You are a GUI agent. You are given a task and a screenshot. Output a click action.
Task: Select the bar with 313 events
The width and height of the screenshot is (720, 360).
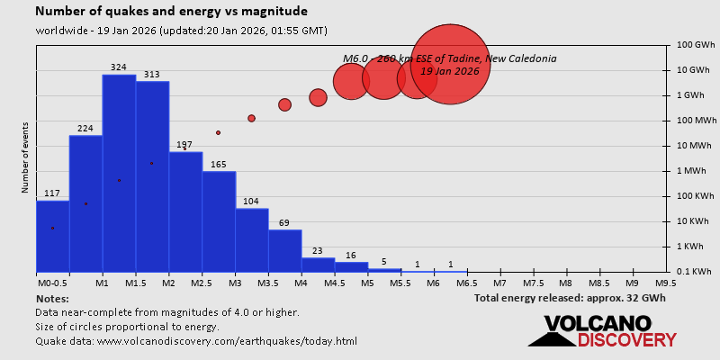click(x=152, y=176)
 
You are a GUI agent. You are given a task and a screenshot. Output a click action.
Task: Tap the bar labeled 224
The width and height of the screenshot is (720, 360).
click(x=85, y=203)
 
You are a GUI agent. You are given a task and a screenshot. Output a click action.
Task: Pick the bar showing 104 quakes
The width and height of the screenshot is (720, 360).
click(x=252, y=239)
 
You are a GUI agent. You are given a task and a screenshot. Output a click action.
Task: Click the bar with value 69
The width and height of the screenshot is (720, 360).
click(x=285, y=250)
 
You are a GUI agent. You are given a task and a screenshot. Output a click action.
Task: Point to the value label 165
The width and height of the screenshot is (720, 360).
click(x=219, y=165)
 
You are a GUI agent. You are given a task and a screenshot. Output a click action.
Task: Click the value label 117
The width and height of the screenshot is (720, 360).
click(x=52, y=193)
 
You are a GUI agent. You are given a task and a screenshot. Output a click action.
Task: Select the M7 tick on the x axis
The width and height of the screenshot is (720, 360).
click(x=499, y=283)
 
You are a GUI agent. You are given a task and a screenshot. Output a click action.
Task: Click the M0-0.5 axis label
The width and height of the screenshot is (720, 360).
click(x=52, y=283)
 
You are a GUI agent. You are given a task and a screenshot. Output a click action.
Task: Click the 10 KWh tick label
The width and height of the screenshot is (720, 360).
click(x=696, y=220)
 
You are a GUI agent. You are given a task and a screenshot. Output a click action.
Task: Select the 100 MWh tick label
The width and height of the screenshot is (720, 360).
click(x=696, y=120)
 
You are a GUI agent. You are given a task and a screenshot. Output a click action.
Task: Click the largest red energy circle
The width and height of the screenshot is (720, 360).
click(x=450, y=64)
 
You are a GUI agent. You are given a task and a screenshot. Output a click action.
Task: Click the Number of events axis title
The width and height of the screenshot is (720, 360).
click(x=25, y=160)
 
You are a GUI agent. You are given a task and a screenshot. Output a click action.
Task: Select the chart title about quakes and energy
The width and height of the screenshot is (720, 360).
click(x=171, y=12)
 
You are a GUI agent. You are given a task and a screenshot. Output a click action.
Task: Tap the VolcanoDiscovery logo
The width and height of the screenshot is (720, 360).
click(x=603, y=330)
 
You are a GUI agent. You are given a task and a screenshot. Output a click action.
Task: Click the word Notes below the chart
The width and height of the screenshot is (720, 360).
click(x=52, y=298)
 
